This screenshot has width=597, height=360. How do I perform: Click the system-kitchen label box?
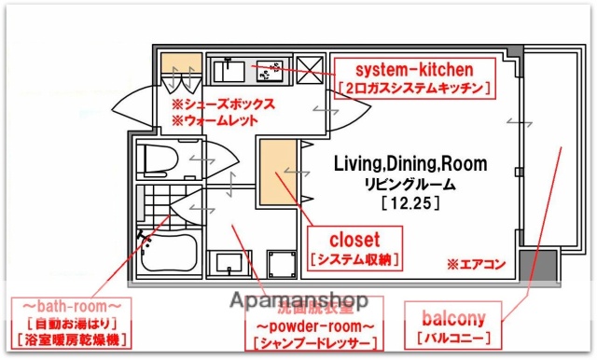click(414, 78)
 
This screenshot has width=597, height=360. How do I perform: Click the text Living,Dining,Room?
click(410, 164)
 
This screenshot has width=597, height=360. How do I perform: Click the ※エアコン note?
click(476, 264)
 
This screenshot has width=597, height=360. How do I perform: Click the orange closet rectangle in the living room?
click(277, 172)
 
